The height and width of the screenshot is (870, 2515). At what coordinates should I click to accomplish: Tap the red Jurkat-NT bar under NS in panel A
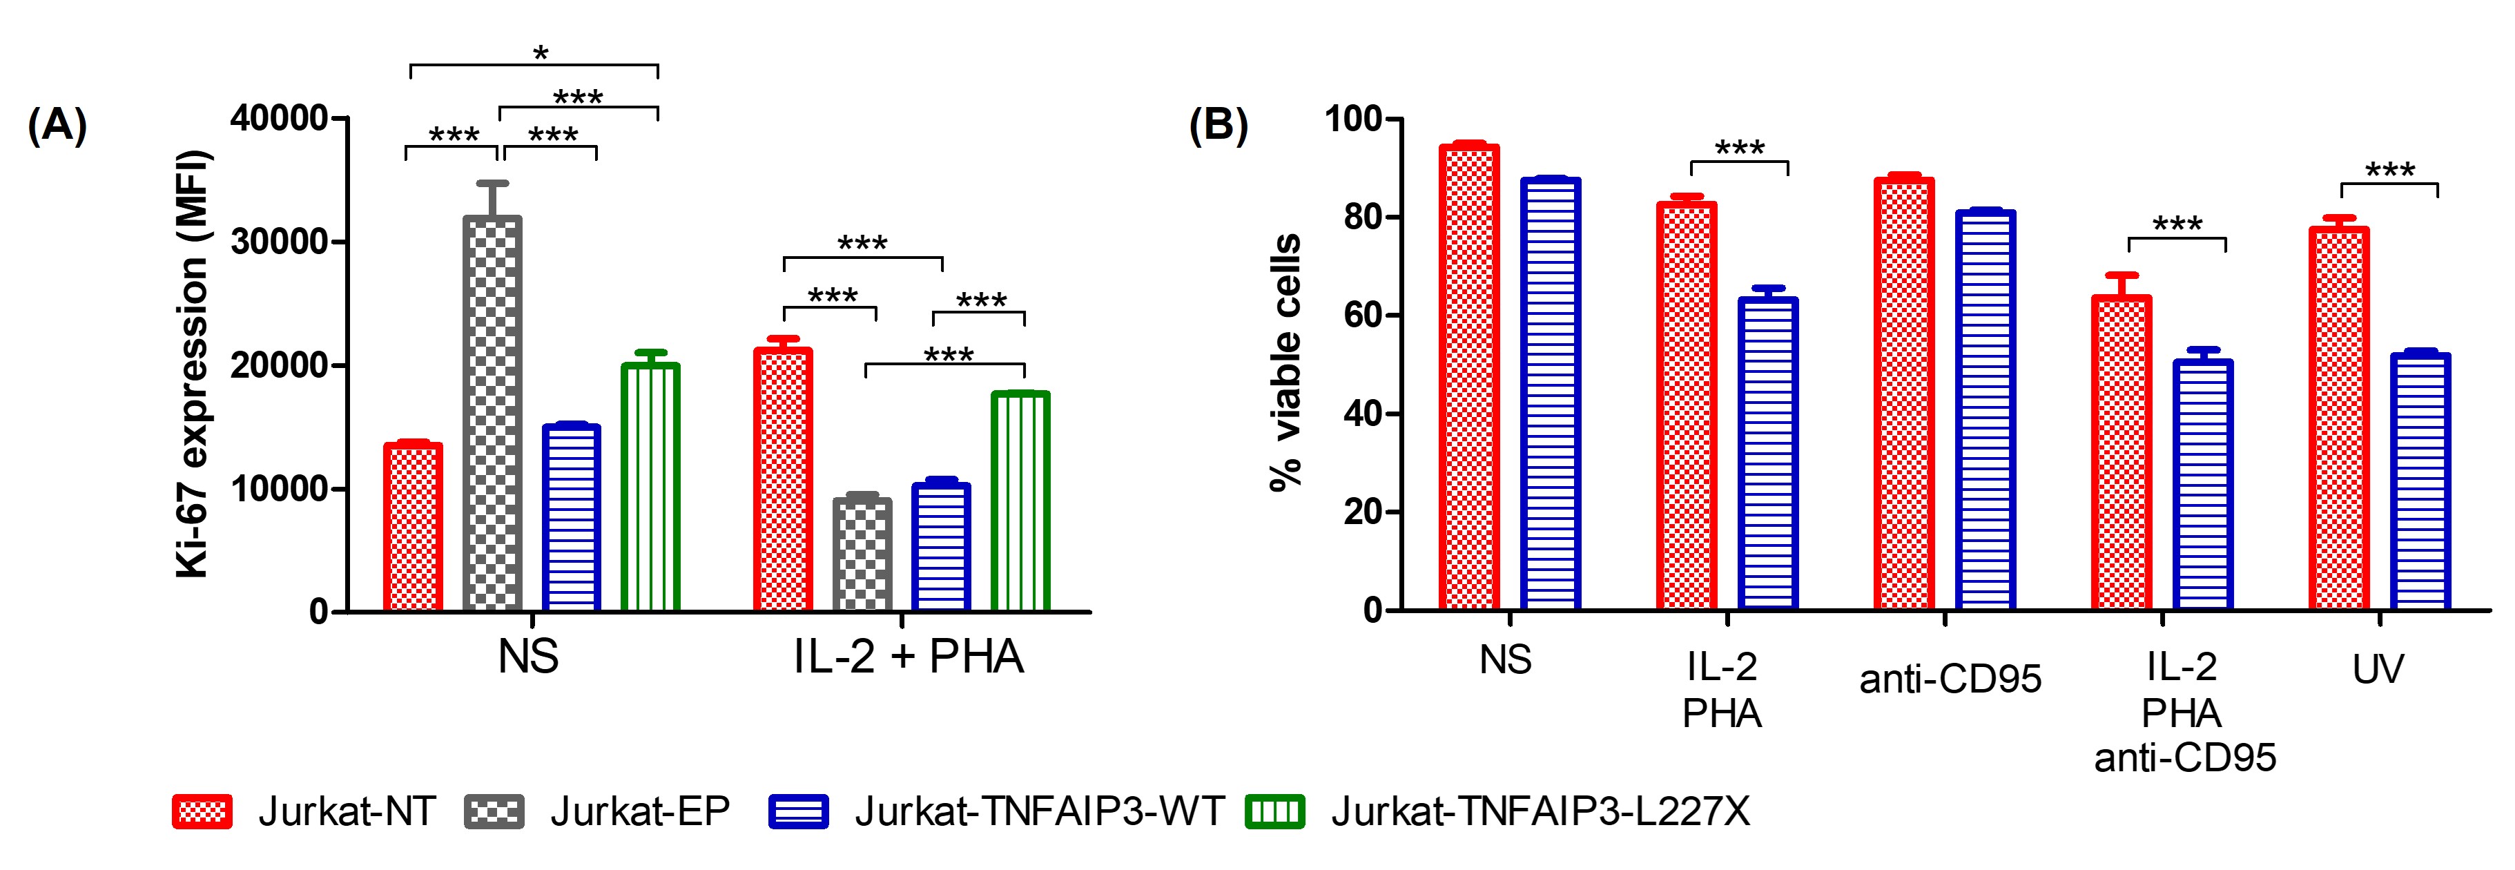413,528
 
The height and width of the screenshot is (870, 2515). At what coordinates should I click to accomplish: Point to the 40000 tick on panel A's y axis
279,118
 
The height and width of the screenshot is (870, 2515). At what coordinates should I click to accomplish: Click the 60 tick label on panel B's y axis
1362,316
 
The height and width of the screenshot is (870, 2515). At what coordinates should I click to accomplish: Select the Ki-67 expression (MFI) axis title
193,364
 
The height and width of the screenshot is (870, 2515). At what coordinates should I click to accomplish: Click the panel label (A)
57,126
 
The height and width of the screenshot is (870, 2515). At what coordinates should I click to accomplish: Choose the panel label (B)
1218,126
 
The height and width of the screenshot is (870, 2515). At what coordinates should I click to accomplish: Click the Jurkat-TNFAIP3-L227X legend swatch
1275,811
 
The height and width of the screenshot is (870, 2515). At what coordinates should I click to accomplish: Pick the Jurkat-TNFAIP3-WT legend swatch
799,811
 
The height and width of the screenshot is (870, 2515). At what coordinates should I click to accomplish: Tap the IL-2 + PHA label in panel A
908,656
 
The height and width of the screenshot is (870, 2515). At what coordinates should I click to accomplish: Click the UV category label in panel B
2378,670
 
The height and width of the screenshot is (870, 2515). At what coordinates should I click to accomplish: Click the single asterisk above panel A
541,52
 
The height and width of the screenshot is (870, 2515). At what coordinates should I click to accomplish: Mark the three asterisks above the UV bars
2390,171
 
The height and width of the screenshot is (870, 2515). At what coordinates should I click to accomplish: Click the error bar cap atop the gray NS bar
492,182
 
